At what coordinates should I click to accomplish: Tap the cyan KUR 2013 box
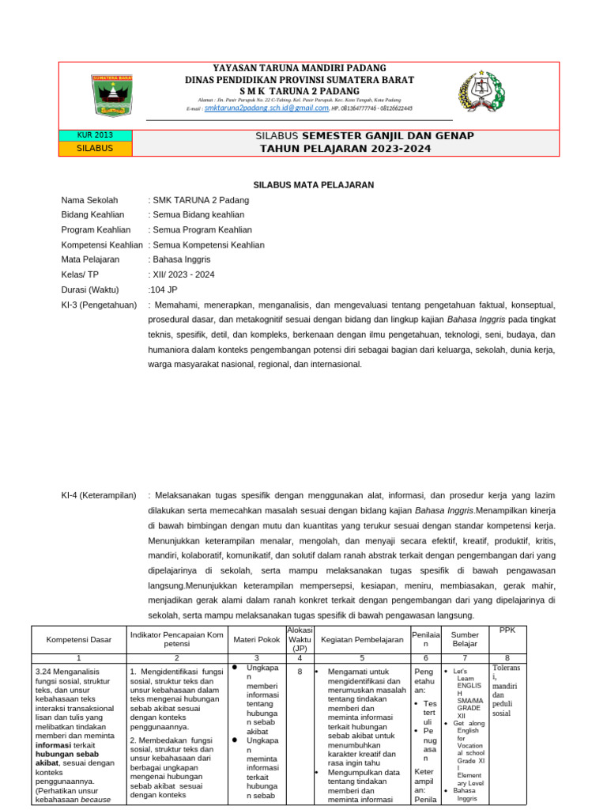pos(96,135)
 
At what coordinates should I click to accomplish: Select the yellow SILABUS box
pos(96,148)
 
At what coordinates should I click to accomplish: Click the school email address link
pos(255,108)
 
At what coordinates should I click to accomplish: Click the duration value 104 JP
pos(163,290)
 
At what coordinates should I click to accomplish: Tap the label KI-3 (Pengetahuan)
pos(99,305)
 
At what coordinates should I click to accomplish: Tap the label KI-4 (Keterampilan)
pos(99,495)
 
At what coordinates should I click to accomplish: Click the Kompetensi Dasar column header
pos(78,638)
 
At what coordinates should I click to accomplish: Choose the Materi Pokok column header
pos(257,638)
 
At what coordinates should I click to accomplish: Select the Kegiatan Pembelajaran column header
pos(362,638)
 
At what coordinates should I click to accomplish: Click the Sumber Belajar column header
pos(465,638)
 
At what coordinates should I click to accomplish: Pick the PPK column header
pos(507,630)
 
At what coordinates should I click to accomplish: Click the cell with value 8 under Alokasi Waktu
pos(300,672)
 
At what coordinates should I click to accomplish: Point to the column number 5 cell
pos(362,657)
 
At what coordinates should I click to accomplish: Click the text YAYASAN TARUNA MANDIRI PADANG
pos(300,68)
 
